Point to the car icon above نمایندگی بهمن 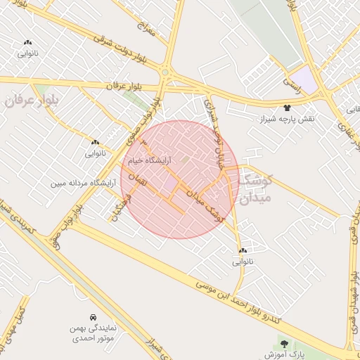(x=94, y=316)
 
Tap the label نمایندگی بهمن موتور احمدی (x=93, y=333)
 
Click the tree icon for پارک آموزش (x=284, y=344)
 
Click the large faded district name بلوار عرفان (x=33, y=100)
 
